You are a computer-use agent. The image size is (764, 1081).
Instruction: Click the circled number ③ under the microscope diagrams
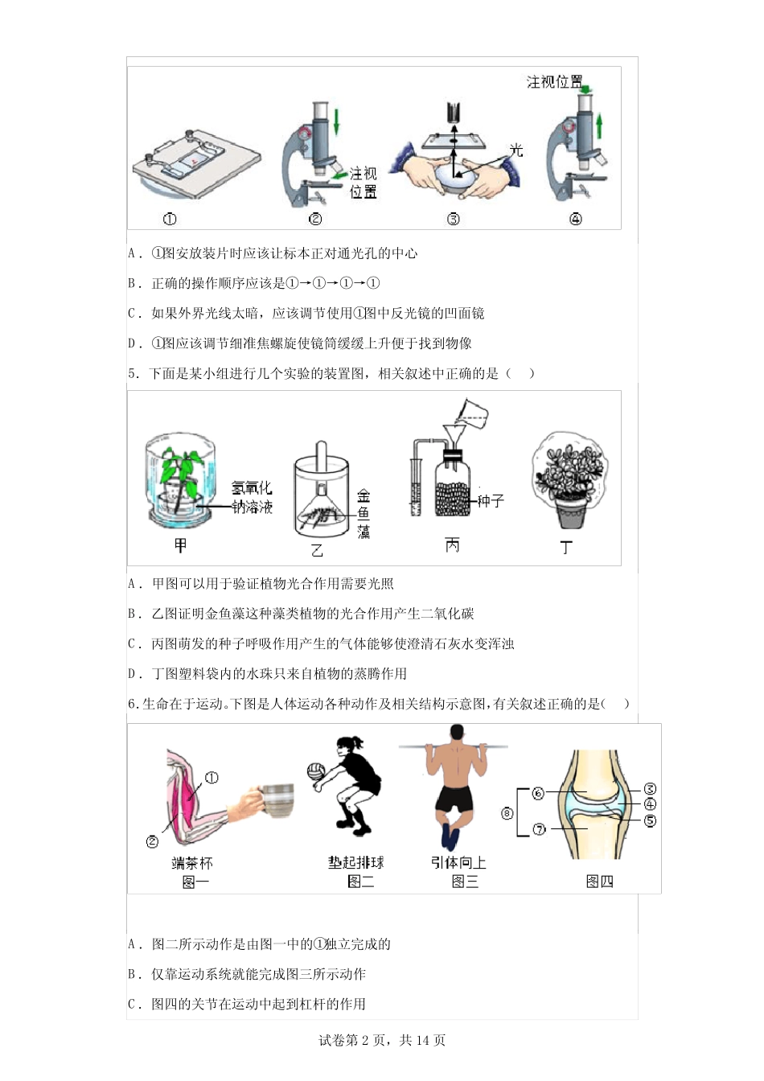(454, 219)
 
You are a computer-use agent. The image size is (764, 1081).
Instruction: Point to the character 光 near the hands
(515, 150)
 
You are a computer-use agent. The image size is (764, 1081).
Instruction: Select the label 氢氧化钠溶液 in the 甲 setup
(252, 497)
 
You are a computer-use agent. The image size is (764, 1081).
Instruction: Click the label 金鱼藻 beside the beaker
(364, 514)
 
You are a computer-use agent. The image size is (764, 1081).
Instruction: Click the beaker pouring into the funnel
(471, 413)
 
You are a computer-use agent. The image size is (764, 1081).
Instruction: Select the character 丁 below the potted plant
(566, 548)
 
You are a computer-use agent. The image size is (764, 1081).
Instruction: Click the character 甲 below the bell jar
(180, 546)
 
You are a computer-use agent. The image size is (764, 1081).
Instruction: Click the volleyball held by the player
(315, 771)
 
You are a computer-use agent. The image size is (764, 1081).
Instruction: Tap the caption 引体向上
(458, 862)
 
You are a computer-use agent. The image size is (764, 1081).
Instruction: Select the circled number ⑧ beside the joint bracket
(507, 813)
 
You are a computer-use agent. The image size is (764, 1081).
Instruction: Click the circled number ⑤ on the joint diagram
(650, 821)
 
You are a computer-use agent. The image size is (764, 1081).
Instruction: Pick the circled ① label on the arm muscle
(212, 778)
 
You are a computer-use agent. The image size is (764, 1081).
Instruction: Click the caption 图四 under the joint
(599, 882)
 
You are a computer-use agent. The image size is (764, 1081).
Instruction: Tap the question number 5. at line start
(133, 373)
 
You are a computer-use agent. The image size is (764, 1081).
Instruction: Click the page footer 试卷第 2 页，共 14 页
(382, 1040)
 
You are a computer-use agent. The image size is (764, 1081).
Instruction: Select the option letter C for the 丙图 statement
(133, 643)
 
